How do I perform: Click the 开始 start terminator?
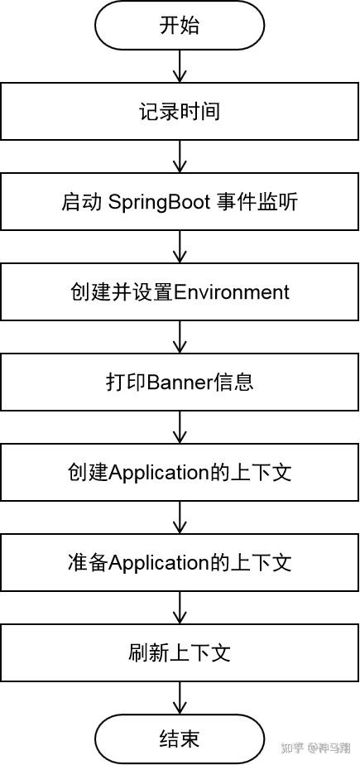coord(180,26)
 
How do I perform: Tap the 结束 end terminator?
coord(180,739)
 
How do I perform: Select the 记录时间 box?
coord(180,112)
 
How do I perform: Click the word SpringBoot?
coord(158,203)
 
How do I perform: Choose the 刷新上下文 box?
coord(180,652)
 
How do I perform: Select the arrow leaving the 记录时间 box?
coord(180,156)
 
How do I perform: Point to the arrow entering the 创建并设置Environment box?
coord(180,247)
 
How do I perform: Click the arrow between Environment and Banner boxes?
coord(180,337)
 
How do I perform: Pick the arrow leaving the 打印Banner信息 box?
coord(180,427)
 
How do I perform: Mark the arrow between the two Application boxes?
coord(180,517)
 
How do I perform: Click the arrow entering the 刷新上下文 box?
coord(180,608)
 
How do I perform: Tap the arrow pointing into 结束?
coord(180,699)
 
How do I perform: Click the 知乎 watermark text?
coord(293,748)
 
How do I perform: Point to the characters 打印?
coord(126,382)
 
